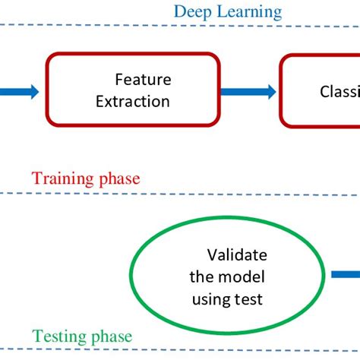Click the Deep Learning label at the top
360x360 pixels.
(x=227, y=11)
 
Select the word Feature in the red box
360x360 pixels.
(x=143, y=80)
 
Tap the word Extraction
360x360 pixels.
(x=133, y=100)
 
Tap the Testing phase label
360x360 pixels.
(x=83, y=336)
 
